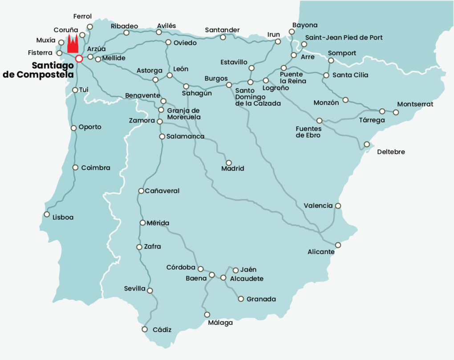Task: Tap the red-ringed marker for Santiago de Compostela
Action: (x=79, y=58)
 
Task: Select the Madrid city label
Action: (x=232, y=169)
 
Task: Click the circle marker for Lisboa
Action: (x=47, y=214)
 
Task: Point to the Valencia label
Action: (x=318, y=205)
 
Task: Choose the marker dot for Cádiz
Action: (x=145, y=329)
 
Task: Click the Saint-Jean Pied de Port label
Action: (x=344, y=37)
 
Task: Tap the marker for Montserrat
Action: (x=395, y=112)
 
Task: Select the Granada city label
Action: (x=261, y=299)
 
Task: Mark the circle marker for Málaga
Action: (x=207, y=315)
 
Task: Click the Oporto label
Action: (x=90, y=127)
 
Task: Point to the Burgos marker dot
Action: (x=229, y=85)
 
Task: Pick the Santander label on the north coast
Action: (x=222, y=30)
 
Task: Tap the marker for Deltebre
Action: (x=367, y=144)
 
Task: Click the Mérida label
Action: (x=158, y=223)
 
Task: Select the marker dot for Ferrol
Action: (x=90, y=27)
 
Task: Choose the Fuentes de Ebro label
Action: (x=308, y=132)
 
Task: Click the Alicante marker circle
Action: (x=338, y=245)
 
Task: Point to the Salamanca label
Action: (x=185, y=136)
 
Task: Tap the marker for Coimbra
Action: (x=75, y=168)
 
